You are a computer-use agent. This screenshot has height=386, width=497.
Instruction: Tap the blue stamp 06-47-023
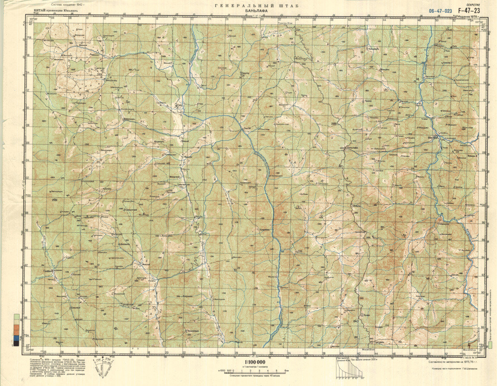(x=440, y=11)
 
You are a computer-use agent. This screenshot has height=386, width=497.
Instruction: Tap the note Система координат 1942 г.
(x=66, y=5)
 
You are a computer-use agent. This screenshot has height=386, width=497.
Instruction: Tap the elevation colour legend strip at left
(x=16, y=330)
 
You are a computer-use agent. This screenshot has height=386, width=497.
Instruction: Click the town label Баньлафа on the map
(x=352, y=147)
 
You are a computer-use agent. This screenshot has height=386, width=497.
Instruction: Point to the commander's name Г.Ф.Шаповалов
(x=466, y=368)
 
